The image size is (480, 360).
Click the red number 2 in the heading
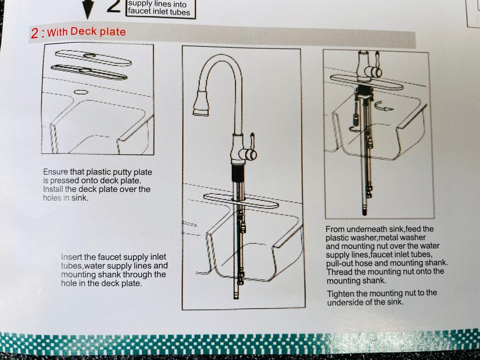pos(35,34)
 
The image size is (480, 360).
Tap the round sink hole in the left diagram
pos(80,91)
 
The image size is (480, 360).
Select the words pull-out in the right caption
pos(341,263)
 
